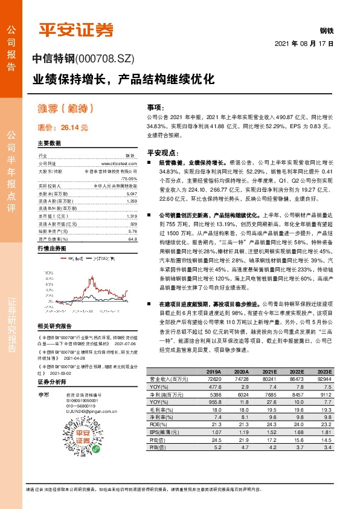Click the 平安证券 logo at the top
(76, 30)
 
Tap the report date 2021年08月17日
(304, 45)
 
